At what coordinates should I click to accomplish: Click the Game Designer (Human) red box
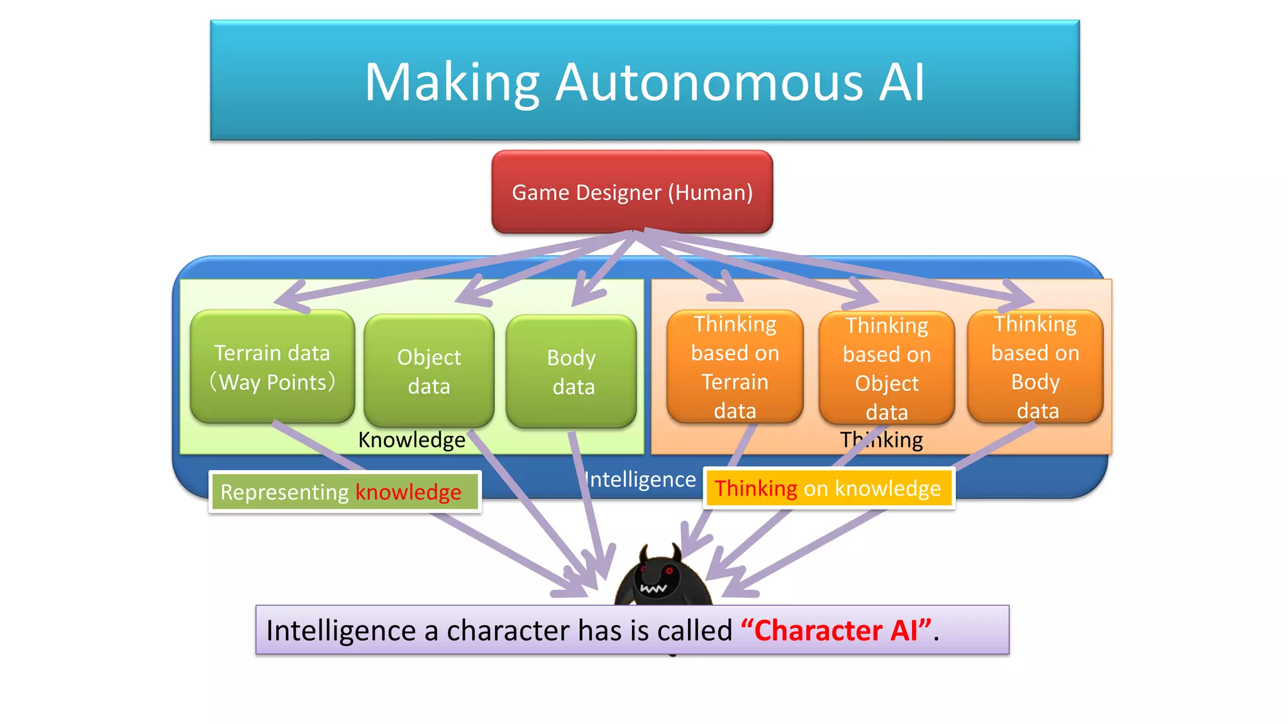(x=632, y=192)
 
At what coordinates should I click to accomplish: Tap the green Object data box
(x=429, y=371)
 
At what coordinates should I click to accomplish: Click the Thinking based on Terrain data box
(x=735, y=367)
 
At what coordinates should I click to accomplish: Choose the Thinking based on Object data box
(x=887, y=368)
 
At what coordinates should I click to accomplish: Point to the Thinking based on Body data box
(x=1035, y=367)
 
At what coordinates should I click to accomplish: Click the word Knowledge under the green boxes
(x=411, y=440)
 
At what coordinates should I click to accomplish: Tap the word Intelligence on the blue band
(x=640, y=480)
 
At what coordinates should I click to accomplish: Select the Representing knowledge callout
(x=345, y=492)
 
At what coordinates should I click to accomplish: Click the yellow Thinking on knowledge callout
(x=828, y=488)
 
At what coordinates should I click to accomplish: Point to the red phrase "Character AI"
(x=836, y=630)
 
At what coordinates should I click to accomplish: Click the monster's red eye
(x=669, y=571)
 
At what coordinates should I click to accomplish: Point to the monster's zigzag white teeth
(x=653, y=589)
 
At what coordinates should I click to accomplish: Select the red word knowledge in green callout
(x=408, y=492)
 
